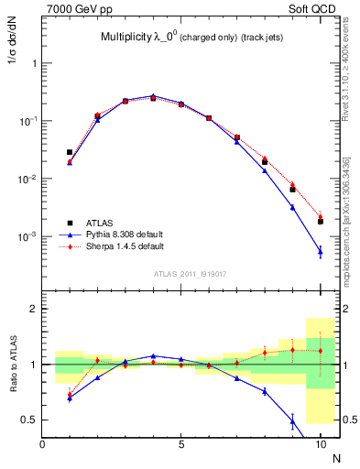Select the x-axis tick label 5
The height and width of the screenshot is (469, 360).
[x=181, y=444]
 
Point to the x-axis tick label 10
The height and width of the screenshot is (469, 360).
[x=320, y=444]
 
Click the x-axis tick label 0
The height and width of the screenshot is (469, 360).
[x=42, y=444]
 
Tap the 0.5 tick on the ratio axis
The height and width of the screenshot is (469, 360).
[x=29, y=420]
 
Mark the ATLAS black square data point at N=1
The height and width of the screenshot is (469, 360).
[x=70, y=152]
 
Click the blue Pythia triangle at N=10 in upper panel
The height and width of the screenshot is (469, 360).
[x=320, y=251]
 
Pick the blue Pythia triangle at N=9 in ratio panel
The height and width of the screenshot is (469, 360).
[x=292, y=421]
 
